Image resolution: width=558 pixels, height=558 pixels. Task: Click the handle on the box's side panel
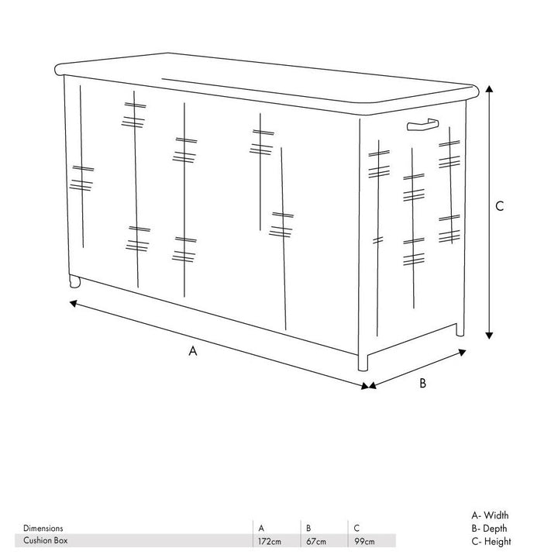pos(423,125)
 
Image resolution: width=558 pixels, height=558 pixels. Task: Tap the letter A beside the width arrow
pos(192,351)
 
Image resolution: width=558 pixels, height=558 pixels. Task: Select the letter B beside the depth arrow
pos(423,383)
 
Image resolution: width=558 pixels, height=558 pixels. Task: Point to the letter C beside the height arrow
pos(500,206)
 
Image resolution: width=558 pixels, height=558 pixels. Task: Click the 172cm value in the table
pos(270,541)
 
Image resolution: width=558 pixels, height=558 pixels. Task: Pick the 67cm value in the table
pos(316,541)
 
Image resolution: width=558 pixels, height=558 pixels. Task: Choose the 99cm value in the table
pos(364,541)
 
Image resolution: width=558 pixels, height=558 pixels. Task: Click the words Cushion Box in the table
pos(45,540)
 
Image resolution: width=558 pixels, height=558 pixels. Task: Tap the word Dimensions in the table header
pos(43,528)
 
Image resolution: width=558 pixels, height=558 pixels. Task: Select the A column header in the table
pos(261,528)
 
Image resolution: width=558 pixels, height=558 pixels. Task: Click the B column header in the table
pos(308,528)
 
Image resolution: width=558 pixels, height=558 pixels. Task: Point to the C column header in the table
pos(356,528)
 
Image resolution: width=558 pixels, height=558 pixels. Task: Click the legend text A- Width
pos(490,515)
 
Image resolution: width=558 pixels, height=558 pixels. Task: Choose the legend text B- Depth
pos(489,528)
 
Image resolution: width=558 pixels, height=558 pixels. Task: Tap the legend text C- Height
pos(491,541)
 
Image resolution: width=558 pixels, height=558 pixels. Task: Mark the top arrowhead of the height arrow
pos(489,88)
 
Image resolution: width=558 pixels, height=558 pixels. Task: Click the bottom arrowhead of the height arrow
pos(489,336)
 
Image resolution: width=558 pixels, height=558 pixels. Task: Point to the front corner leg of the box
pos(363,362)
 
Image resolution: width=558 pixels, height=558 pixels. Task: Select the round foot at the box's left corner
pos(74,281)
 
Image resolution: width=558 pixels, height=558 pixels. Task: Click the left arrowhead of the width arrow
pos(74,304)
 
